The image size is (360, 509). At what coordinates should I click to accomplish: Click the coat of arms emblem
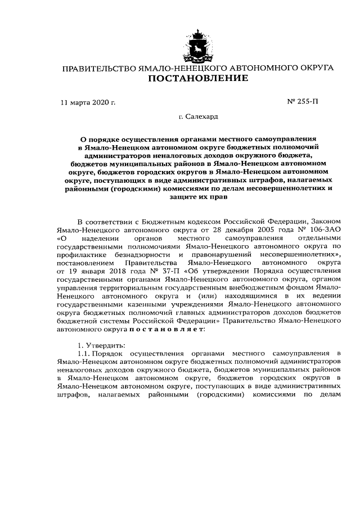(197, 46)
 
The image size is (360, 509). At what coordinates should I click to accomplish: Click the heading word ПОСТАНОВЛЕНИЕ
(197, 79)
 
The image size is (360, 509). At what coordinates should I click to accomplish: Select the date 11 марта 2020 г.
(88, 103)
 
